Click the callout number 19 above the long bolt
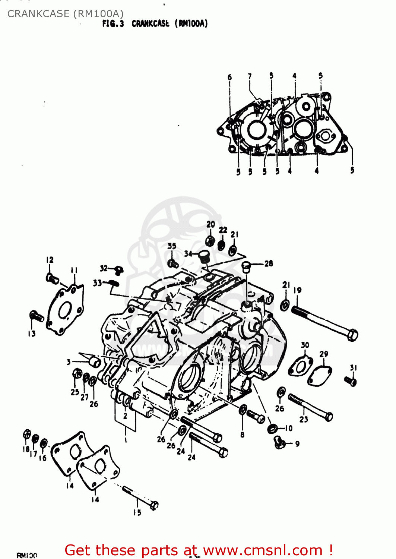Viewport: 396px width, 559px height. pyautogui.click(x=297, y=290)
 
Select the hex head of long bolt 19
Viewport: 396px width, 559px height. pyautogui.click(x=352, y=335)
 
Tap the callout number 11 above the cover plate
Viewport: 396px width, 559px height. pyautogui.click(x=74, y=271)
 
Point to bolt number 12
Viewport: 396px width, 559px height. pyautogui.click(x=52, y=278)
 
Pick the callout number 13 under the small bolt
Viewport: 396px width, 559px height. pyautogui.click(x=32, y=334)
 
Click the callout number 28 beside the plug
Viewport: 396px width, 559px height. pyautogui.click(x=269, y=263)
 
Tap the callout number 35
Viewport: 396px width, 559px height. pyautogui.click(x=172, y=246)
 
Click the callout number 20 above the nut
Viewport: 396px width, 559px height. pyautogui.click(x=211, y=224)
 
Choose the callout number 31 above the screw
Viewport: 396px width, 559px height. pyautogui.click(x=353, y=368)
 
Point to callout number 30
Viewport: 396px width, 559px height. pyautogui.click(x=305, y=345)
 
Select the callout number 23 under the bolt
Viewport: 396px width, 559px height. pyautogui.click(x=304, y=419)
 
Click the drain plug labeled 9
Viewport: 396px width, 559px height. pyautogui.click(x=279, y=442)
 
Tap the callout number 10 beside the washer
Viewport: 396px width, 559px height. pyautogui.click(x=289, y=429)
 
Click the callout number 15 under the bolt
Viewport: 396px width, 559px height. pyautogui.click(x=137, y=513)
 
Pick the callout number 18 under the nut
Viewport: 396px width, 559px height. pyautogui.click(x=26, y=449)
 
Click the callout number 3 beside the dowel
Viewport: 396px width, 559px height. pyautogui.click(x=69, y=362)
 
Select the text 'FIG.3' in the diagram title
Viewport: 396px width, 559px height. pyautogui.click(x=113, y=24)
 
